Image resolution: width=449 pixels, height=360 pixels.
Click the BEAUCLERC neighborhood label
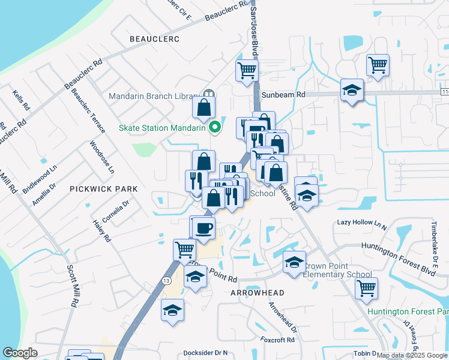click(x=155, y=38)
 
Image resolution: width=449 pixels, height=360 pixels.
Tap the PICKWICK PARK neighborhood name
click(x=103, y=188)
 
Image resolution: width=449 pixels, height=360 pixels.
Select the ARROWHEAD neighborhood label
click(x=257, y=292)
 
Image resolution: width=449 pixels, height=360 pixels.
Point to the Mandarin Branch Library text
click(x=154, y=96)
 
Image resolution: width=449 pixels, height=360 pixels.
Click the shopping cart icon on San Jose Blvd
click(x=247, y=70)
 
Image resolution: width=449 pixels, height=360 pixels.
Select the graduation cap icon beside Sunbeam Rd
click(x=352, y=90)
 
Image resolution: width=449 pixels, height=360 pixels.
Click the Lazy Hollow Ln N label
click(x=362, y=222)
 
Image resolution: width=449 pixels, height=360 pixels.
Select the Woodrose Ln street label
click(x=101, y=157)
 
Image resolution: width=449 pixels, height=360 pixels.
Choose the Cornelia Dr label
click(x=115, y=213)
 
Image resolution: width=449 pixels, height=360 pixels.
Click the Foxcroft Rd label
click(x=277, y=340)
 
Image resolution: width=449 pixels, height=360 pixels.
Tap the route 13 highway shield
click(x=166, y=280)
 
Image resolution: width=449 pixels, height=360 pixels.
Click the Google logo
click(x=20, y=353)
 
